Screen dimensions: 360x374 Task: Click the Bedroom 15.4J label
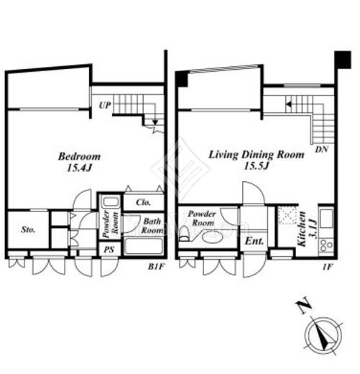click(x=80, y=162)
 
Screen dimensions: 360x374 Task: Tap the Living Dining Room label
click(x=257, y=155)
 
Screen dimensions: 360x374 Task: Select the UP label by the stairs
click(x=105, y=105)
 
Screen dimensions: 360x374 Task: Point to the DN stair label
click(x=321, y=150)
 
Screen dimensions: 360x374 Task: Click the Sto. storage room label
click(x=28, y=229)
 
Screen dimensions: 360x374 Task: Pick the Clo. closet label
click(x=143, y=202)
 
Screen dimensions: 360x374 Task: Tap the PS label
click(x=109, y=250)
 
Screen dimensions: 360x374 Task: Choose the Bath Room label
click(x=152, y=226)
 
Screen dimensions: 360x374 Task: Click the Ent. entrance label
click(x=254, y=241)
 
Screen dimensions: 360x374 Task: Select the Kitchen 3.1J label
click(x=306, y=229)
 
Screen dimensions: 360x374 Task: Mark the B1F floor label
click(x=157, y=267)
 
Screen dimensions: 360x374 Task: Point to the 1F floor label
click(x=327, y=267)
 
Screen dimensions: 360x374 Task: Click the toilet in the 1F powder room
click(x=185, y=234)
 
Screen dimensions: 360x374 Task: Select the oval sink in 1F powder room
click(x=213, y=237)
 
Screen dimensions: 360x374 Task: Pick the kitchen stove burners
click(x=326, y=245)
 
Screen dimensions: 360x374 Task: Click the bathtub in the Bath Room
click(x=144, y=246)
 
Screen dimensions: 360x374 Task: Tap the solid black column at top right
click(x=343, y=60)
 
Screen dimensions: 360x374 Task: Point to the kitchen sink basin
click(x=326, y=219)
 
